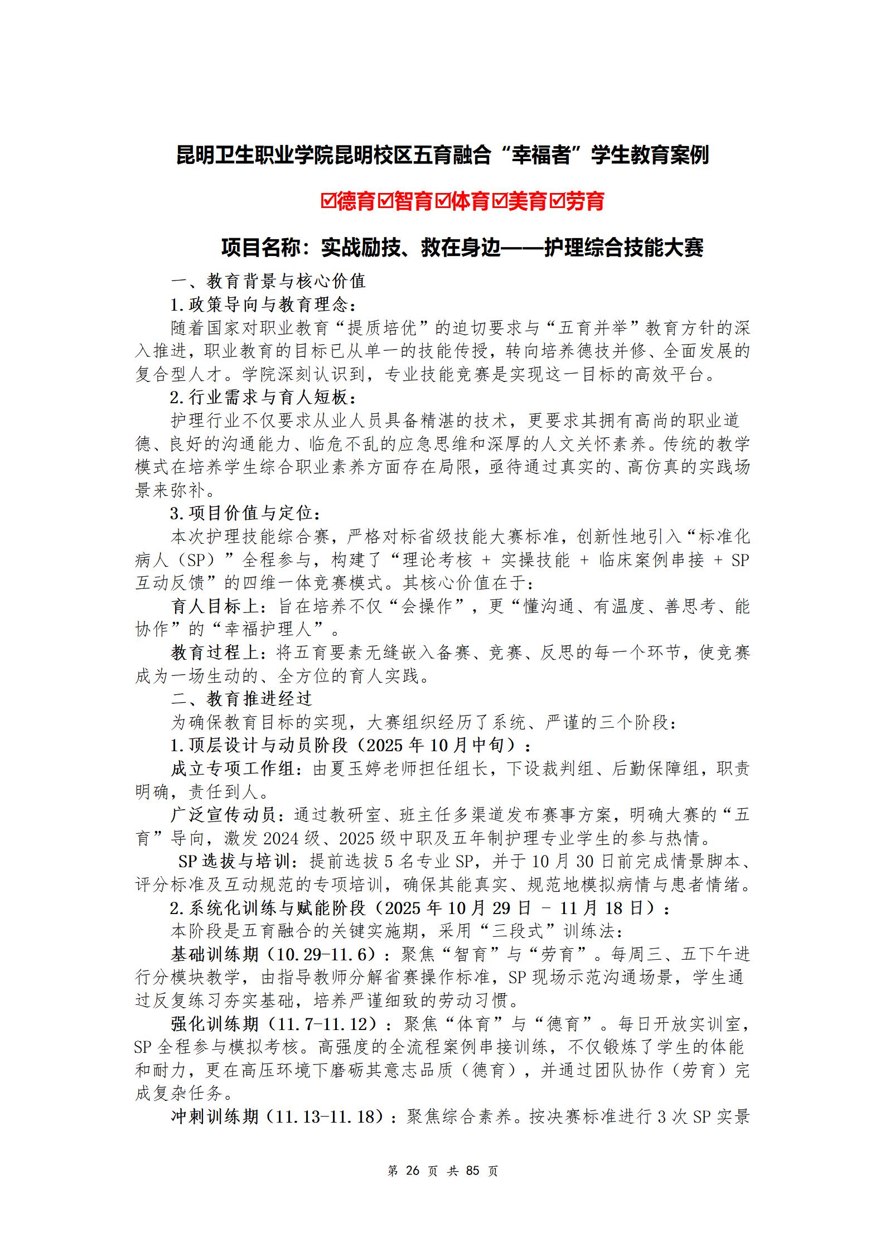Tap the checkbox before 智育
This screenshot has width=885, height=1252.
point(386,201)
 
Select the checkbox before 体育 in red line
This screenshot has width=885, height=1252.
point(444,201)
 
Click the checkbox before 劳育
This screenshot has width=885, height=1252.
point(558,201)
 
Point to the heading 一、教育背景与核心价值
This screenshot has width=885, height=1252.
point(268,281)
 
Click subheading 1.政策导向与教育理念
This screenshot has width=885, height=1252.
point(262,304)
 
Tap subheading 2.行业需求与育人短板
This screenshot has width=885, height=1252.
point(262,398)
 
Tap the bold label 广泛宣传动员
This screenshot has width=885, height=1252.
point(223,815)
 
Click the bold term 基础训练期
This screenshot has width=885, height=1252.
point(215,954)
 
